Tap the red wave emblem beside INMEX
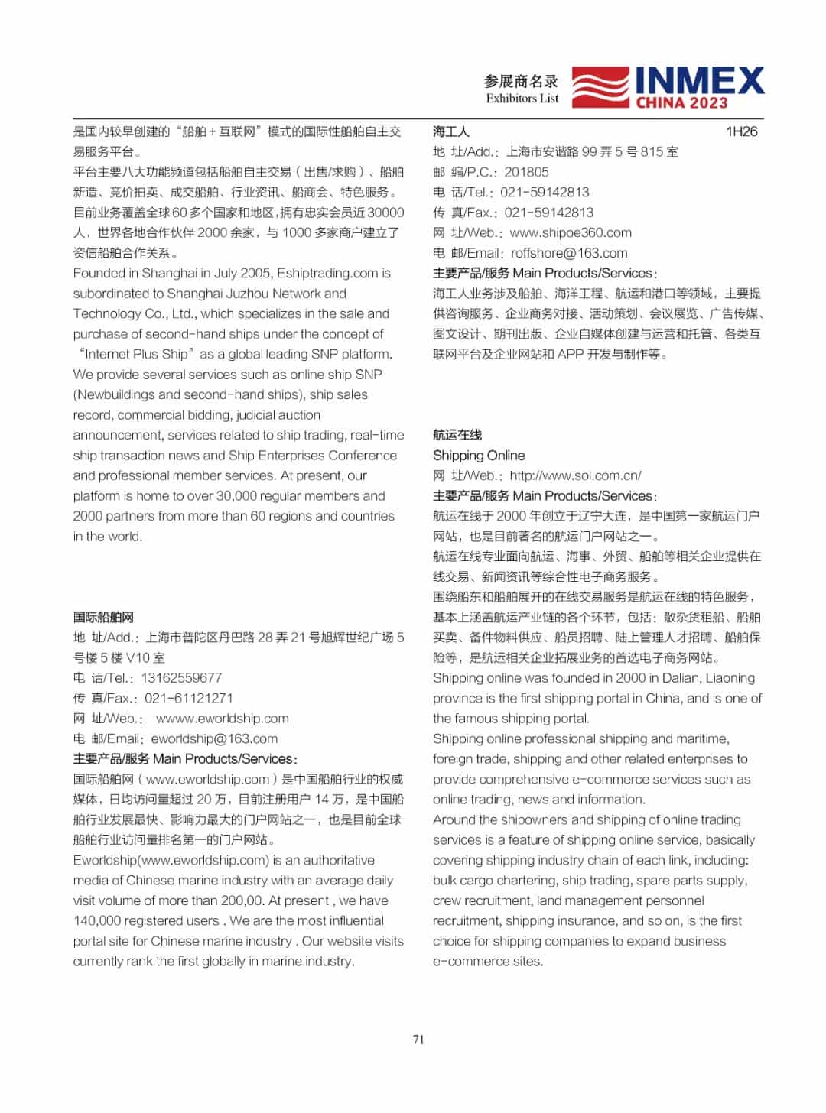[x=601, y=87]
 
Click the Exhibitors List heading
[x=522, y=99]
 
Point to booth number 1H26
[x=741, y=131]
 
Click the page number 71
[x=418, y=1039]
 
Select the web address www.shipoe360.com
[x=571, y=232]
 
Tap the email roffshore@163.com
[x=569, y=253]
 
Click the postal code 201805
[x=526, y=172]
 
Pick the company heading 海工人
[x=450, y=131]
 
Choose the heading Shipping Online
[x=479, y=456]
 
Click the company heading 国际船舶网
[x=103, y=617]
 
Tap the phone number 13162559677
[x=181, y=678]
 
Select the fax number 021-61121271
[x=189, y=698]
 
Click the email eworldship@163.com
[x=214, y=738]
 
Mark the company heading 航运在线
[x=457, y=435]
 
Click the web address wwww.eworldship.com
[x=223, y=719]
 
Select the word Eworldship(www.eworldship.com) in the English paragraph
[x=171, y=860]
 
